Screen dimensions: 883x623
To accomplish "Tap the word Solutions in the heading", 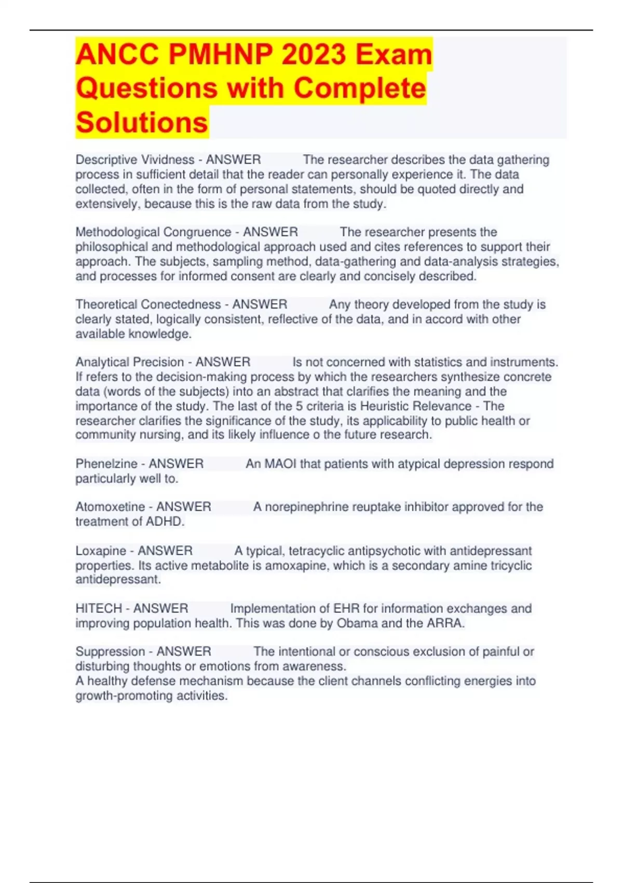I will click(142, 123).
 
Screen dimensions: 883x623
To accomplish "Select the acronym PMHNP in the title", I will click(216, 54).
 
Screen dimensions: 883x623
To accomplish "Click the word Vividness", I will click(168, 159).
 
